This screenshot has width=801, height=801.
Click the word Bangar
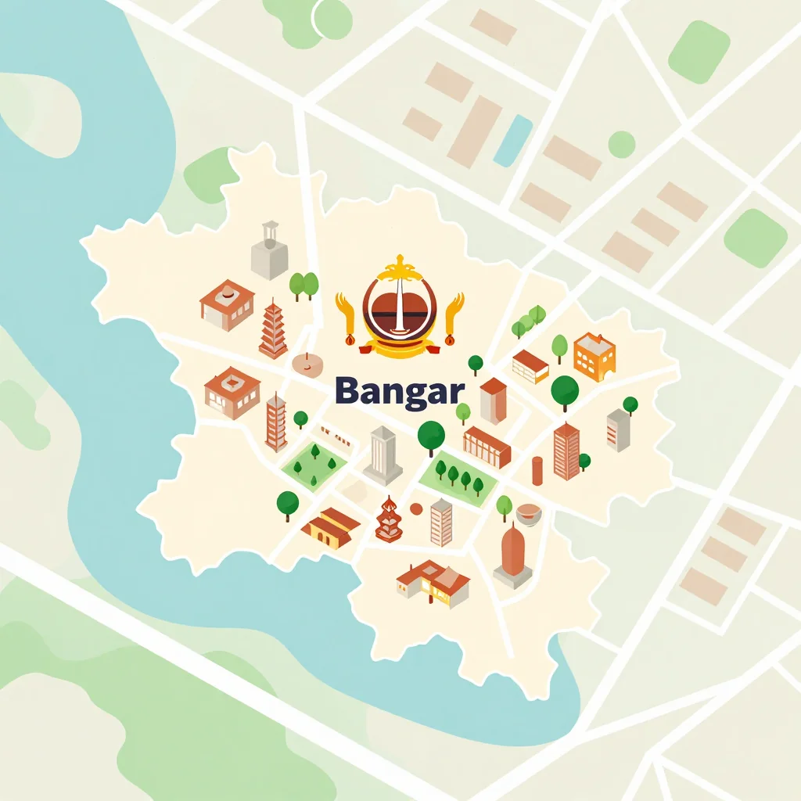[399, 390]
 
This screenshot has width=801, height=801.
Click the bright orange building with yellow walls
[594, 356]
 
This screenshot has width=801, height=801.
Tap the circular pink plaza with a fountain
[307, 363]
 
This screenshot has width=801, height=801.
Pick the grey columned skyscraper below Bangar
[383, 455]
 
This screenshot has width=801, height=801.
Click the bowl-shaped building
[530, 514]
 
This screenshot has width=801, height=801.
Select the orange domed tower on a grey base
[513, 555]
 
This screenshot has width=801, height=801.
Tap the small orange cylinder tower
[537, 472]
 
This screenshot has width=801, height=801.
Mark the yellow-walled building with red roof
[330, 528]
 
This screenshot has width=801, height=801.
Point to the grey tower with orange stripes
[441, 522]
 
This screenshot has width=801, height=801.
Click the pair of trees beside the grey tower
[304, 285]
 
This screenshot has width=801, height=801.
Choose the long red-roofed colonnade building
[487, 447]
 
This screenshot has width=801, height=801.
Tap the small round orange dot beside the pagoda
[416, 509]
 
